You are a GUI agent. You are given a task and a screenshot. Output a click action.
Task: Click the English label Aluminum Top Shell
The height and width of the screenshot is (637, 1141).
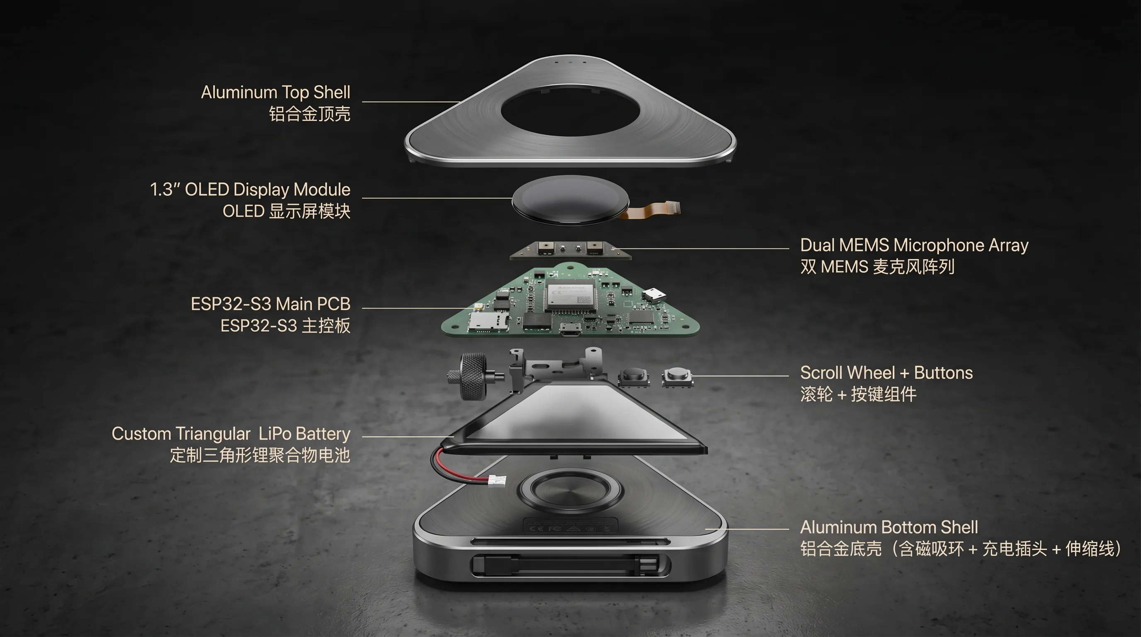[275, 92]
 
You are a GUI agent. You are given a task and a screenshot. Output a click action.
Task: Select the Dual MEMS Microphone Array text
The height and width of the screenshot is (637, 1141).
[914, 245]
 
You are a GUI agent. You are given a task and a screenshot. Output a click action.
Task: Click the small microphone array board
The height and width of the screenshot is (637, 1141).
[570, 250]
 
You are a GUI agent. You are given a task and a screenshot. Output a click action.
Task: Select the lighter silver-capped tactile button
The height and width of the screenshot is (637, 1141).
[677, 377]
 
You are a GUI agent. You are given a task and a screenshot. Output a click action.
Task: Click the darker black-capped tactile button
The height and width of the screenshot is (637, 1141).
[634, 377]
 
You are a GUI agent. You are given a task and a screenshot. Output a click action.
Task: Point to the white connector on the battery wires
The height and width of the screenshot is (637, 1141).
[497, 481]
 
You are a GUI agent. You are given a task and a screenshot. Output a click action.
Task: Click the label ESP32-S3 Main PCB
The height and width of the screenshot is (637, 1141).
[271, 304]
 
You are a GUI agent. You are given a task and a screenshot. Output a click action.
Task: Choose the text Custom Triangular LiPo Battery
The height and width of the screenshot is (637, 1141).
[231, 434]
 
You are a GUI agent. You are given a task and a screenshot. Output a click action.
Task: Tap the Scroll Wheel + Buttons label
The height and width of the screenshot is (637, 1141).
[886, 372]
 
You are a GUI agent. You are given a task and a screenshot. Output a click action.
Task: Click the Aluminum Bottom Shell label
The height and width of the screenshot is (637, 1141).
[889, 527]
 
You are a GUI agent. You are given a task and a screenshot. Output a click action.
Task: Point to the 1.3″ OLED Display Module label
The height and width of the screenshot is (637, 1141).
[250, 190]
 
